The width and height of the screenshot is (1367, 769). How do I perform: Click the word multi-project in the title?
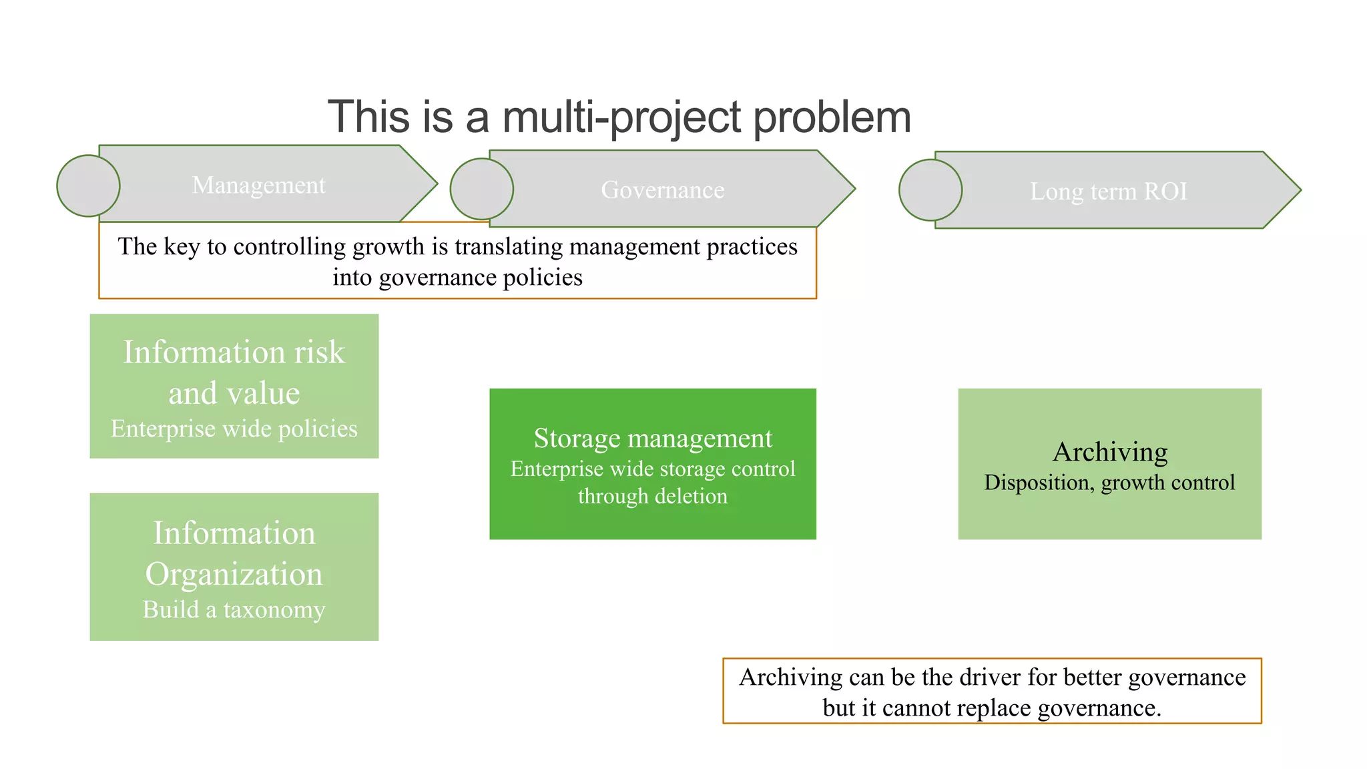622,117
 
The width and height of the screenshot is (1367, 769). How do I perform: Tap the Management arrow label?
258,185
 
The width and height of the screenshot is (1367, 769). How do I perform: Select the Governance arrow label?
662,190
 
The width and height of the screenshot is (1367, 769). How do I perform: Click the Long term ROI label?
1108,192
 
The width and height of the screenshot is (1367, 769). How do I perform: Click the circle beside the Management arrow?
88,186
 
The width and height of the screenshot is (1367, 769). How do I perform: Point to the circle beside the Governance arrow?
481,189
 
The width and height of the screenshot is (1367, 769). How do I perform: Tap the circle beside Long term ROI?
930,190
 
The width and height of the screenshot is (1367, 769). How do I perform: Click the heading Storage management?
652,439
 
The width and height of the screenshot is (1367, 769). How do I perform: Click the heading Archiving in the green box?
1109,452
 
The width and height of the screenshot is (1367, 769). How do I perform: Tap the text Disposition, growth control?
1109,482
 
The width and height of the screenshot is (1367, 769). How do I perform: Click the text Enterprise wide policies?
234,429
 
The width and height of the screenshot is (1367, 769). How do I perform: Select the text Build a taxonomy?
234,609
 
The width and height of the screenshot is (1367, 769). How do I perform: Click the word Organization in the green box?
234,574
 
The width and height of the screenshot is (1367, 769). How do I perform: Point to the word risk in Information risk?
319,352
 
